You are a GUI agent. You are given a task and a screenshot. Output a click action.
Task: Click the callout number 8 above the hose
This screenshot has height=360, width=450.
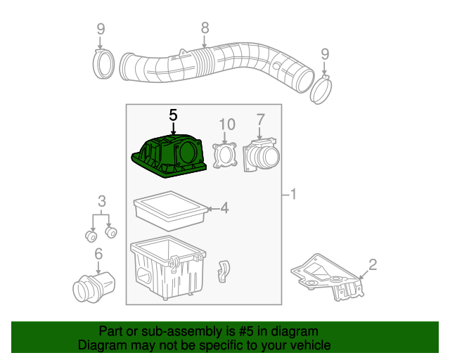(x=205, y=28)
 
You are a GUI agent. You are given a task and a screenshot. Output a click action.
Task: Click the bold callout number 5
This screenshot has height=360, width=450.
(x=173, y=115)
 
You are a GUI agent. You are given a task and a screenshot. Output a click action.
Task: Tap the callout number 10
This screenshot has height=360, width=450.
(x=226, y=124)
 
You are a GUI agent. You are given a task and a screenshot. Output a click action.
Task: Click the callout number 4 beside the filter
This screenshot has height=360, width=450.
(x=224, y=207)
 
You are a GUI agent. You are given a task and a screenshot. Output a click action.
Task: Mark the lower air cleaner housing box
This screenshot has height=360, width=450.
(x=167, y=271)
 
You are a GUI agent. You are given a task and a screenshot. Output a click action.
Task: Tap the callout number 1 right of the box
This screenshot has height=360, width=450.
(x=293, y=194)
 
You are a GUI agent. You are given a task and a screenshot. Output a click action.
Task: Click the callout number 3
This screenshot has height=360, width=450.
(x=101, y=201)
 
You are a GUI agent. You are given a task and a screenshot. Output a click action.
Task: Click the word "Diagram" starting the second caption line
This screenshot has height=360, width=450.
(x=102, y=345)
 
